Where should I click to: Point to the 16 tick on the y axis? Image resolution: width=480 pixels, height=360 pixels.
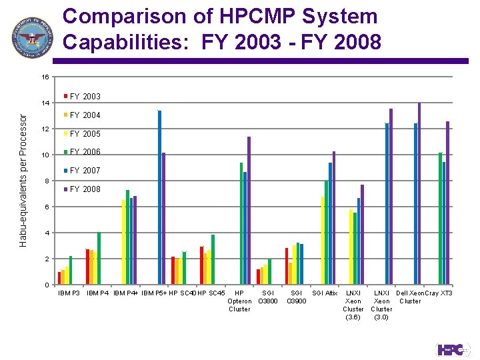click(x=45, y=77)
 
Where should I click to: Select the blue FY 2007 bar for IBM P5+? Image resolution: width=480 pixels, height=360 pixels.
click(x=159, y=197)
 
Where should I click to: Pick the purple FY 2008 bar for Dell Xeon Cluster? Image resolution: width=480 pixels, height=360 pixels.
click(x=419, y=193)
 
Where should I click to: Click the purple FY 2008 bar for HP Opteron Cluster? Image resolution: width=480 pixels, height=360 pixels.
click(x=249, y=211)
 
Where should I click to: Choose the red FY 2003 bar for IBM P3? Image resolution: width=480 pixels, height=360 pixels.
click(x=59, y=278)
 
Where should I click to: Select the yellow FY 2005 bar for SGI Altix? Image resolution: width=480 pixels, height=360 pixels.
click(x=323, y=241)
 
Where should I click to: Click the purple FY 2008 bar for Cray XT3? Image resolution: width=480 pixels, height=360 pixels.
click(x=447, y=203)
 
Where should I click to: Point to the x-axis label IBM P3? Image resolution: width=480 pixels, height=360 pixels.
click(x=69, y=293)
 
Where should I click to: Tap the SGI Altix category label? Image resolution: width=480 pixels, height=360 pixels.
click(x=325, y=293)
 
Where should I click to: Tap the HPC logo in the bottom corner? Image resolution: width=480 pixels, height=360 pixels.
click(x=453, y=349)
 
